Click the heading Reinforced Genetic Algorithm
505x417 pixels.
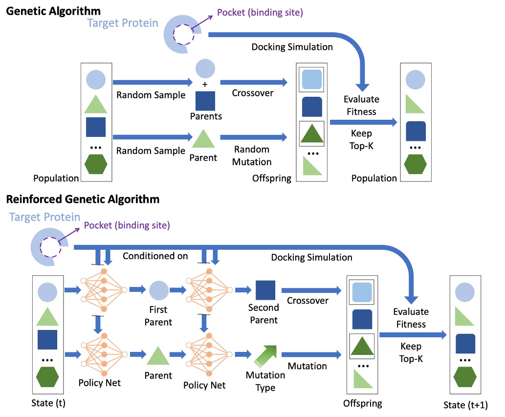[83, 199]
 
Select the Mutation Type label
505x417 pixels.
[265, 381]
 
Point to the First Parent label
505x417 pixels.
[158, 316]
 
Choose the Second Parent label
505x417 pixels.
[263, 314]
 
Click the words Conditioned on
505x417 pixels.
[155, 256]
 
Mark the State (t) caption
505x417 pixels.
[47, 403]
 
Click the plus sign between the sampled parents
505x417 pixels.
[205, 85]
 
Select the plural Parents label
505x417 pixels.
[206, 116]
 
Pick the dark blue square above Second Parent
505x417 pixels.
[265, 290]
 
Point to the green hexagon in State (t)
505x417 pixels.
[47, 376]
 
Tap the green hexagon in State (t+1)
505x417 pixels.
[466, 376]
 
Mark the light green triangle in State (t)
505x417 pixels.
[47, 316]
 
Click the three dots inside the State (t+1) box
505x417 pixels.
[466, 360]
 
